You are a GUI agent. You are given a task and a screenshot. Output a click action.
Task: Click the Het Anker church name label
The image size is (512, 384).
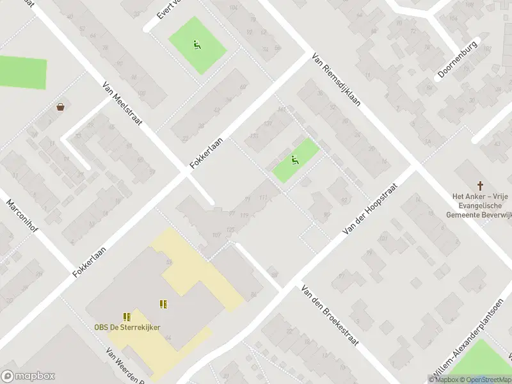tap(481, 205)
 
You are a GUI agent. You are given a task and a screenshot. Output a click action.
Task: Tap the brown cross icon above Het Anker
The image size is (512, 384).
tap(481, 185)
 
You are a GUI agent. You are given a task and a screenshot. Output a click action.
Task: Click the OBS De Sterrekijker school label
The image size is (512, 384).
tap(127, 328)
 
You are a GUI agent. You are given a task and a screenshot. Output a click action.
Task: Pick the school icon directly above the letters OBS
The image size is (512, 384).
tap(127, 316)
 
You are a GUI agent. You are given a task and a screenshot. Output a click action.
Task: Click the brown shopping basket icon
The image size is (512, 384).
tap(61, 107)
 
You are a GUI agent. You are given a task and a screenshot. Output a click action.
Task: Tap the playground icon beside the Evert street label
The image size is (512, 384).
tap(197, 44)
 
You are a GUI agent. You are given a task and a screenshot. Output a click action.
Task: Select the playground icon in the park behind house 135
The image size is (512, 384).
tap(295, 160)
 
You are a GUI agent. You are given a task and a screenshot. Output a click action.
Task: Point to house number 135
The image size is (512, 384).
tap(254, 136)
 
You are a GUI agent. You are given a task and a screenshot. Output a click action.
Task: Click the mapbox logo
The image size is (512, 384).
tap(28, 376)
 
